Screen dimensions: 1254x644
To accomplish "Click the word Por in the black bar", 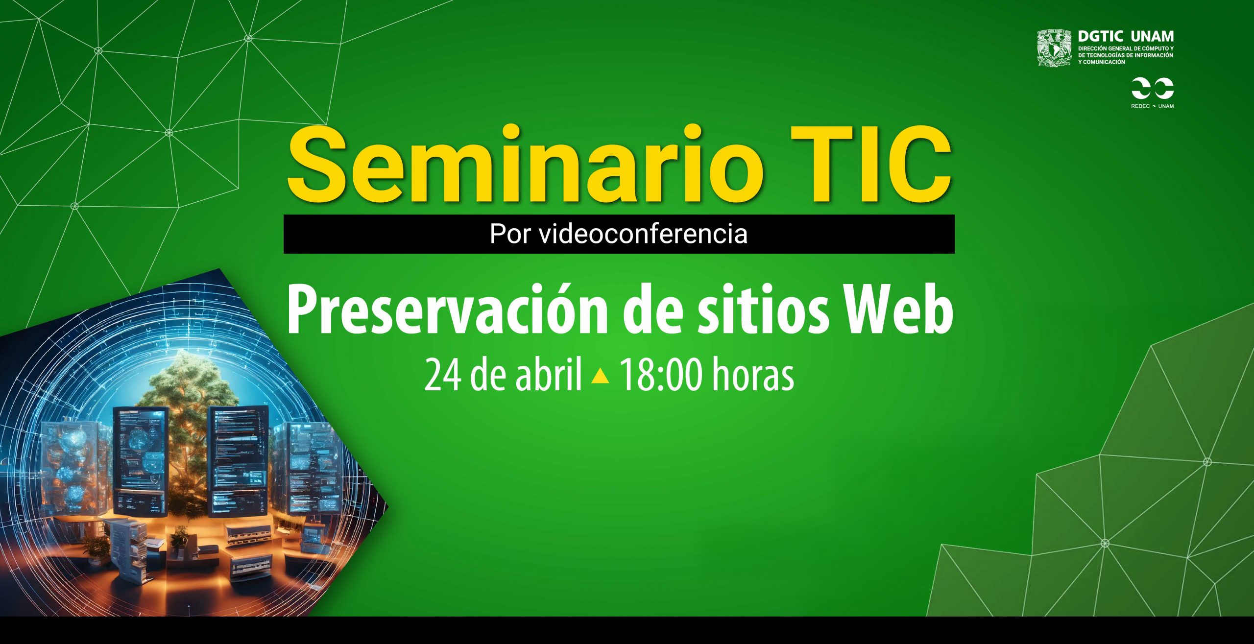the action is pos(510,234).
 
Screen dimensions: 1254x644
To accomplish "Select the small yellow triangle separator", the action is pos(600,376).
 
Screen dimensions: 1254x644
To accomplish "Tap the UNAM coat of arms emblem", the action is pos(1055,48).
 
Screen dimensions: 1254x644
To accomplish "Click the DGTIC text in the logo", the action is pos(1100,36).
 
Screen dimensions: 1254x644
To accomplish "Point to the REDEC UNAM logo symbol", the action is pos(1152,88).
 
